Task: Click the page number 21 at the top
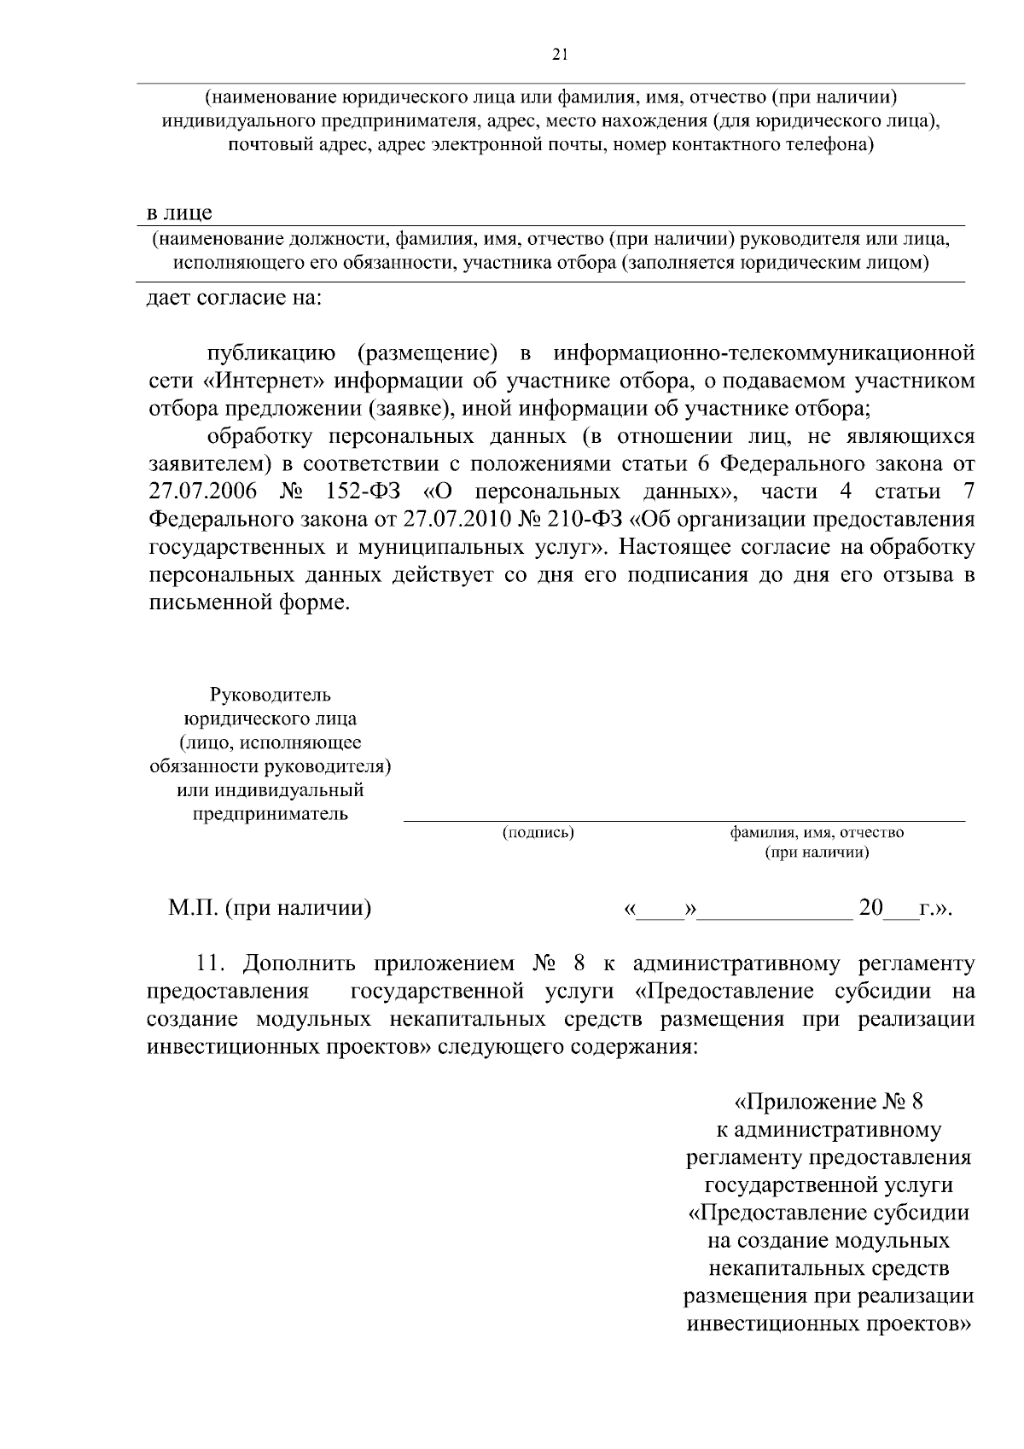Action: (x=560, y=55)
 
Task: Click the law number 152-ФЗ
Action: (x=364, y=492)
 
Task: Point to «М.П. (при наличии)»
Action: (x=269, y=908)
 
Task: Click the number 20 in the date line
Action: (x=870, y=908)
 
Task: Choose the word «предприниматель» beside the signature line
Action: (x=270, y=813)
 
